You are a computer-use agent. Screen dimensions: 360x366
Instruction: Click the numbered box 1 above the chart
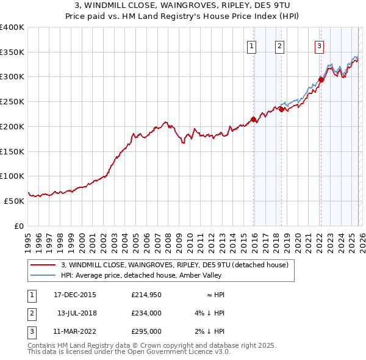coord(252,45)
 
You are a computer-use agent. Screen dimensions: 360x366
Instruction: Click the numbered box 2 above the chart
coord(279,45)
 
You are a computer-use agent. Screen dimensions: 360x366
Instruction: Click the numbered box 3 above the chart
coord(319,45)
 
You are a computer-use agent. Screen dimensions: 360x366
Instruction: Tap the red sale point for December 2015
coord(253,119)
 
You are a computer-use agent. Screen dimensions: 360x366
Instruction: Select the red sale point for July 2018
coord(281,110)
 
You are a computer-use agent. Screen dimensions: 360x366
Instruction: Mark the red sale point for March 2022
coord(321,79)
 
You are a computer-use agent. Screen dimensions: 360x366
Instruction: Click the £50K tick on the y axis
coord(14,201)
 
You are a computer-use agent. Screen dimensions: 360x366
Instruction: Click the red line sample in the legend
coord(43,265)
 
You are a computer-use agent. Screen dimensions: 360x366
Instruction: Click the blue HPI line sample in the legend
coord(43,275)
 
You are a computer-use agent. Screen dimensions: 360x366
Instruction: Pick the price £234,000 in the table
coord(146,313)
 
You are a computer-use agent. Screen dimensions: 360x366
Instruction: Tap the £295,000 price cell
coord(146,331)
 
